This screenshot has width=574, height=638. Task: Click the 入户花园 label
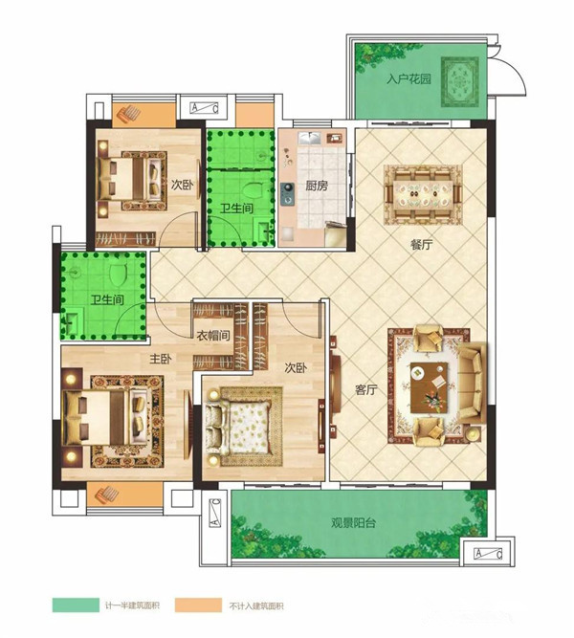tap(408, 78)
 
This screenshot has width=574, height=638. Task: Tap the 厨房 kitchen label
tap(317, 186)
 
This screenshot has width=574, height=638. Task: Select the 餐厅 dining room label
tap(421, 245)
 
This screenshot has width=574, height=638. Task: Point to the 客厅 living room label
tap(366, 390)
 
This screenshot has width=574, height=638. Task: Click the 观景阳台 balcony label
tap(353, 523)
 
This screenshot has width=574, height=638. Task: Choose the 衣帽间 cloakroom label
tap(213, 336)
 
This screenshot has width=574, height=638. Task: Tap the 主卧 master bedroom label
tap(161, 359)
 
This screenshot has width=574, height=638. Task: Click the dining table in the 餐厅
tap(423, 195)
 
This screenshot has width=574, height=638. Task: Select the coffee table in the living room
tap(430, 387)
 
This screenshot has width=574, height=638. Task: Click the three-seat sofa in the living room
tap(473, 383)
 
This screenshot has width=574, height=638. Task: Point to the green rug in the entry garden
tap(460, 82)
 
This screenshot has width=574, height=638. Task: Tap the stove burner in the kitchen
tap(288, 193)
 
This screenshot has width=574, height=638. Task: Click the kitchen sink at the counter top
tap(309, 139)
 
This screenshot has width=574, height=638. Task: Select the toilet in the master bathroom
tap(119, 274)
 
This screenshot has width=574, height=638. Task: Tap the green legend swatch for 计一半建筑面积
tap(76, 605)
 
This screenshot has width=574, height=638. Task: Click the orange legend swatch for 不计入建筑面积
tap(199, 605)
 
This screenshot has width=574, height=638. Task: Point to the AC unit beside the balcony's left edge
tap(215, 513)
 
